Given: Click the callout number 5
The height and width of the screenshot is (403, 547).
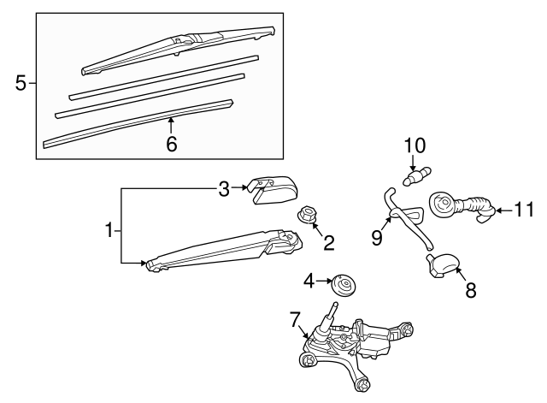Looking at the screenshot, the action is (21, 84).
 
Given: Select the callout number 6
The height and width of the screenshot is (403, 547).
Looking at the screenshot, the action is (171, 144).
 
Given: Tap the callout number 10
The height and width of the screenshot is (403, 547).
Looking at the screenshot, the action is (415, 146).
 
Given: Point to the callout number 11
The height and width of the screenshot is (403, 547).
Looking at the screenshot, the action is (524, 210).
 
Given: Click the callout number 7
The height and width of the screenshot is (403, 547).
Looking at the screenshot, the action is (295, 319).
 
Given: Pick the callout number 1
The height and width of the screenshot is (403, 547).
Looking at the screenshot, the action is (109, 231).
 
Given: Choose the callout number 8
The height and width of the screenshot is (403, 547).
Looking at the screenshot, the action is (471, 290).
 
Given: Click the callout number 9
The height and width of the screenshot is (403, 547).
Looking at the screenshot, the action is (377, 238).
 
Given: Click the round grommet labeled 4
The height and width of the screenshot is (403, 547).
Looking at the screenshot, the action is (343, 283).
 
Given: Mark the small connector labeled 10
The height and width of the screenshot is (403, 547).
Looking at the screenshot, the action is (417, 177).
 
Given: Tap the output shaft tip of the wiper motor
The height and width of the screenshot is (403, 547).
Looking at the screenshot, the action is (335, 305).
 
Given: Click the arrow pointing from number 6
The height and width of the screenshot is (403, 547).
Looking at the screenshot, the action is (171, 126).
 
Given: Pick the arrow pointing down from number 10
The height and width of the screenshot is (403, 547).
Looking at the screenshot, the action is (413, 163).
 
